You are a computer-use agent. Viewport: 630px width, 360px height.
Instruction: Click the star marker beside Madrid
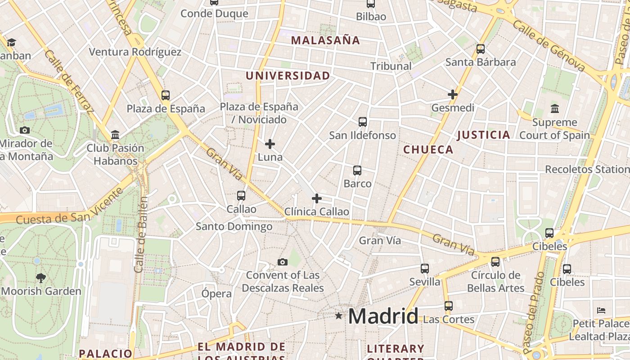point(339,316)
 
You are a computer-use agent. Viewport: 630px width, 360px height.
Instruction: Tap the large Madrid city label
point(383,316)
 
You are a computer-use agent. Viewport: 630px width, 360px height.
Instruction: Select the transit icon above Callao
point(241,196)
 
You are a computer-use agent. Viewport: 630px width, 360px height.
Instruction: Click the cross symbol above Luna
point(270,144)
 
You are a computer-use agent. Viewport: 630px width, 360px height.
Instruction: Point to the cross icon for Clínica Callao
point(317,198)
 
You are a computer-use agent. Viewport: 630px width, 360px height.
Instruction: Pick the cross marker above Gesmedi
point(453,94)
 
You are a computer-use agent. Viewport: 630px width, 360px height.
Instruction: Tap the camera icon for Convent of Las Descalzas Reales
point(283,262)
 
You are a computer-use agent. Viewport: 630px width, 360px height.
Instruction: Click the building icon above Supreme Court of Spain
point(555,108)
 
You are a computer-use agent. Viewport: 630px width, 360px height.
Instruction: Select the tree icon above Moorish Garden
point(41,278)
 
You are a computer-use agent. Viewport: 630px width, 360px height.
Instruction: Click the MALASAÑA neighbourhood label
point(325,40)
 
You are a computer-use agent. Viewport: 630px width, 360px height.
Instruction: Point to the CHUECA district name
point(428,150)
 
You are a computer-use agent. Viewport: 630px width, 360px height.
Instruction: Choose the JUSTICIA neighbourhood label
point(484,135)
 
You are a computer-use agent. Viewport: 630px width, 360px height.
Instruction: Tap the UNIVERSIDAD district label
point(288,76)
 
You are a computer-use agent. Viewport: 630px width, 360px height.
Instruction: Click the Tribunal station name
point(391,66)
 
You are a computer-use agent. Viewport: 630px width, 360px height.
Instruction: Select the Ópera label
point(216,294)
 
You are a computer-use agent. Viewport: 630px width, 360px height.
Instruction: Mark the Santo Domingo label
point(234,226)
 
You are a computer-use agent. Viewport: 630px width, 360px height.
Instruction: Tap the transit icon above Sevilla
point(425,269)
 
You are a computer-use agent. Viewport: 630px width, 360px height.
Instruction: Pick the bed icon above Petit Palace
point(601,310)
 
